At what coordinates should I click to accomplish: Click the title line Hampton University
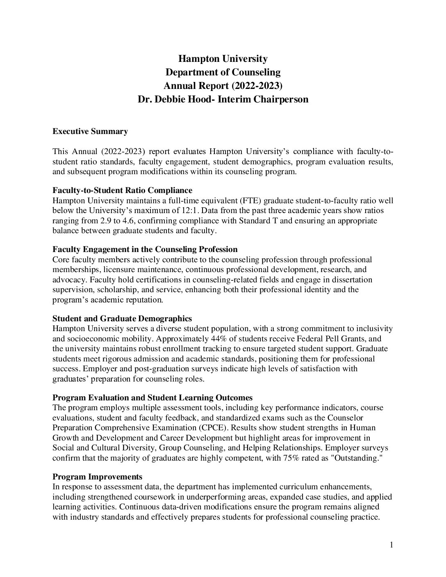(223, 59)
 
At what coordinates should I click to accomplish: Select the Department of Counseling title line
(223, 73)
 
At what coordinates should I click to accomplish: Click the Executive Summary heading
(90, 132)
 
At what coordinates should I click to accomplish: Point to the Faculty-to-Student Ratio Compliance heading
(122, 191)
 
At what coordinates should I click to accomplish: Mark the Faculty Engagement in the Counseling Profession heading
(145, 250)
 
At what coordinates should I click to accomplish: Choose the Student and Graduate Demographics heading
(122, 319)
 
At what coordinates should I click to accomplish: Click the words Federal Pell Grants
(333, 339)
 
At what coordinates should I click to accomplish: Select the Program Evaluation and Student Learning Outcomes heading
(152, 398)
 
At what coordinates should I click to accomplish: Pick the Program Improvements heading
(98, 477)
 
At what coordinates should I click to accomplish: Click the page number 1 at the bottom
(391, 545)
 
